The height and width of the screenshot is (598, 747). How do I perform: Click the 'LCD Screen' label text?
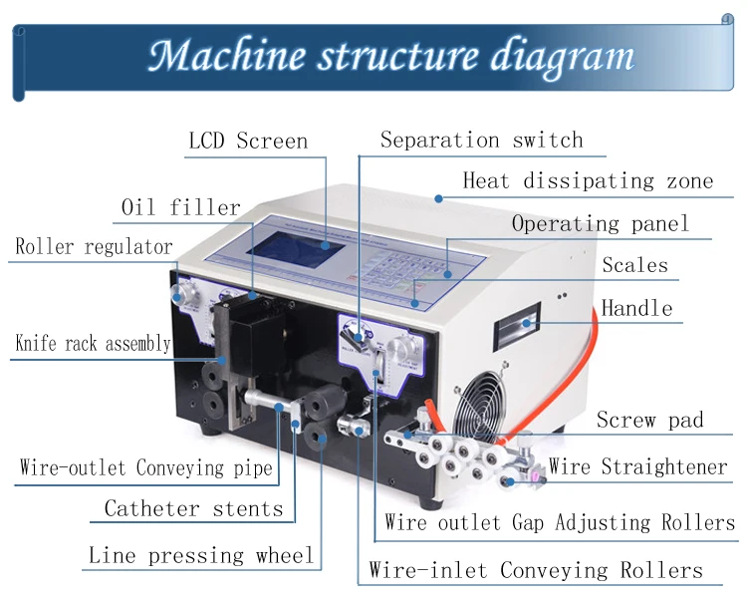[x=248, y=142]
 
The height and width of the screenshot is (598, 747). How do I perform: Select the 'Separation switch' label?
[x=482, y=141]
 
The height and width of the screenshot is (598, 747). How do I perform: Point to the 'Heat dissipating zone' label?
[x=588, y=181]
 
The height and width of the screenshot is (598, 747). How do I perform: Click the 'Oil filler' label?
[x=181, y=207]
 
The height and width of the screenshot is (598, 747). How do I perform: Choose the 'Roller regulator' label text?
[x=94, y=246]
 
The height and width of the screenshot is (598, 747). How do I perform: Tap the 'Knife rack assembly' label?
[x=93, y=343]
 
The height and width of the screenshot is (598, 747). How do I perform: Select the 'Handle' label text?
[x=636, y=308]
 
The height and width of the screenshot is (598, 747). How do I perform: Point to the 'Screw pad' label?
[x=649, y=421]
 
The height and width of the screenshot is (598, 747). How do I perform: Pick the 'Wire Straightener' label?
[x=637, y=466]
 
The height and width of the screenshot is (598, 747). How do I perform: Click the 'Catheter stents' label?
[x=193, y=508]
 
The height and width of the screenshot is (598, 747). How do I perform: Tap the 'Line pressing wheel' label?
[x=201, y=555]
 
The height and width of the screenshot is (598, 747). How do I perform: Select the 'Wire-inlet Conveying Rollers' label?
[x=536, y=570]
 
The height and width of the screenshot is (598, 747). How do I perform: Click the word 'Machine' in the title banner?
[x=227, y=56]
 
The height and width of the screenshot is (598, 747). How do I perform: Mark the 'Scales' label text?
[x=635, y=265]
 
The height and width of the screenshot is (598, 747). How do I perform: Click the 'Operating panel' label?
[x=601, y=223]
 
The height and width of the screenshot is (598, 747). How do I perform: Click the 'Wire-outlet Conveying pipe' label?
[x=145, y=467]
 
